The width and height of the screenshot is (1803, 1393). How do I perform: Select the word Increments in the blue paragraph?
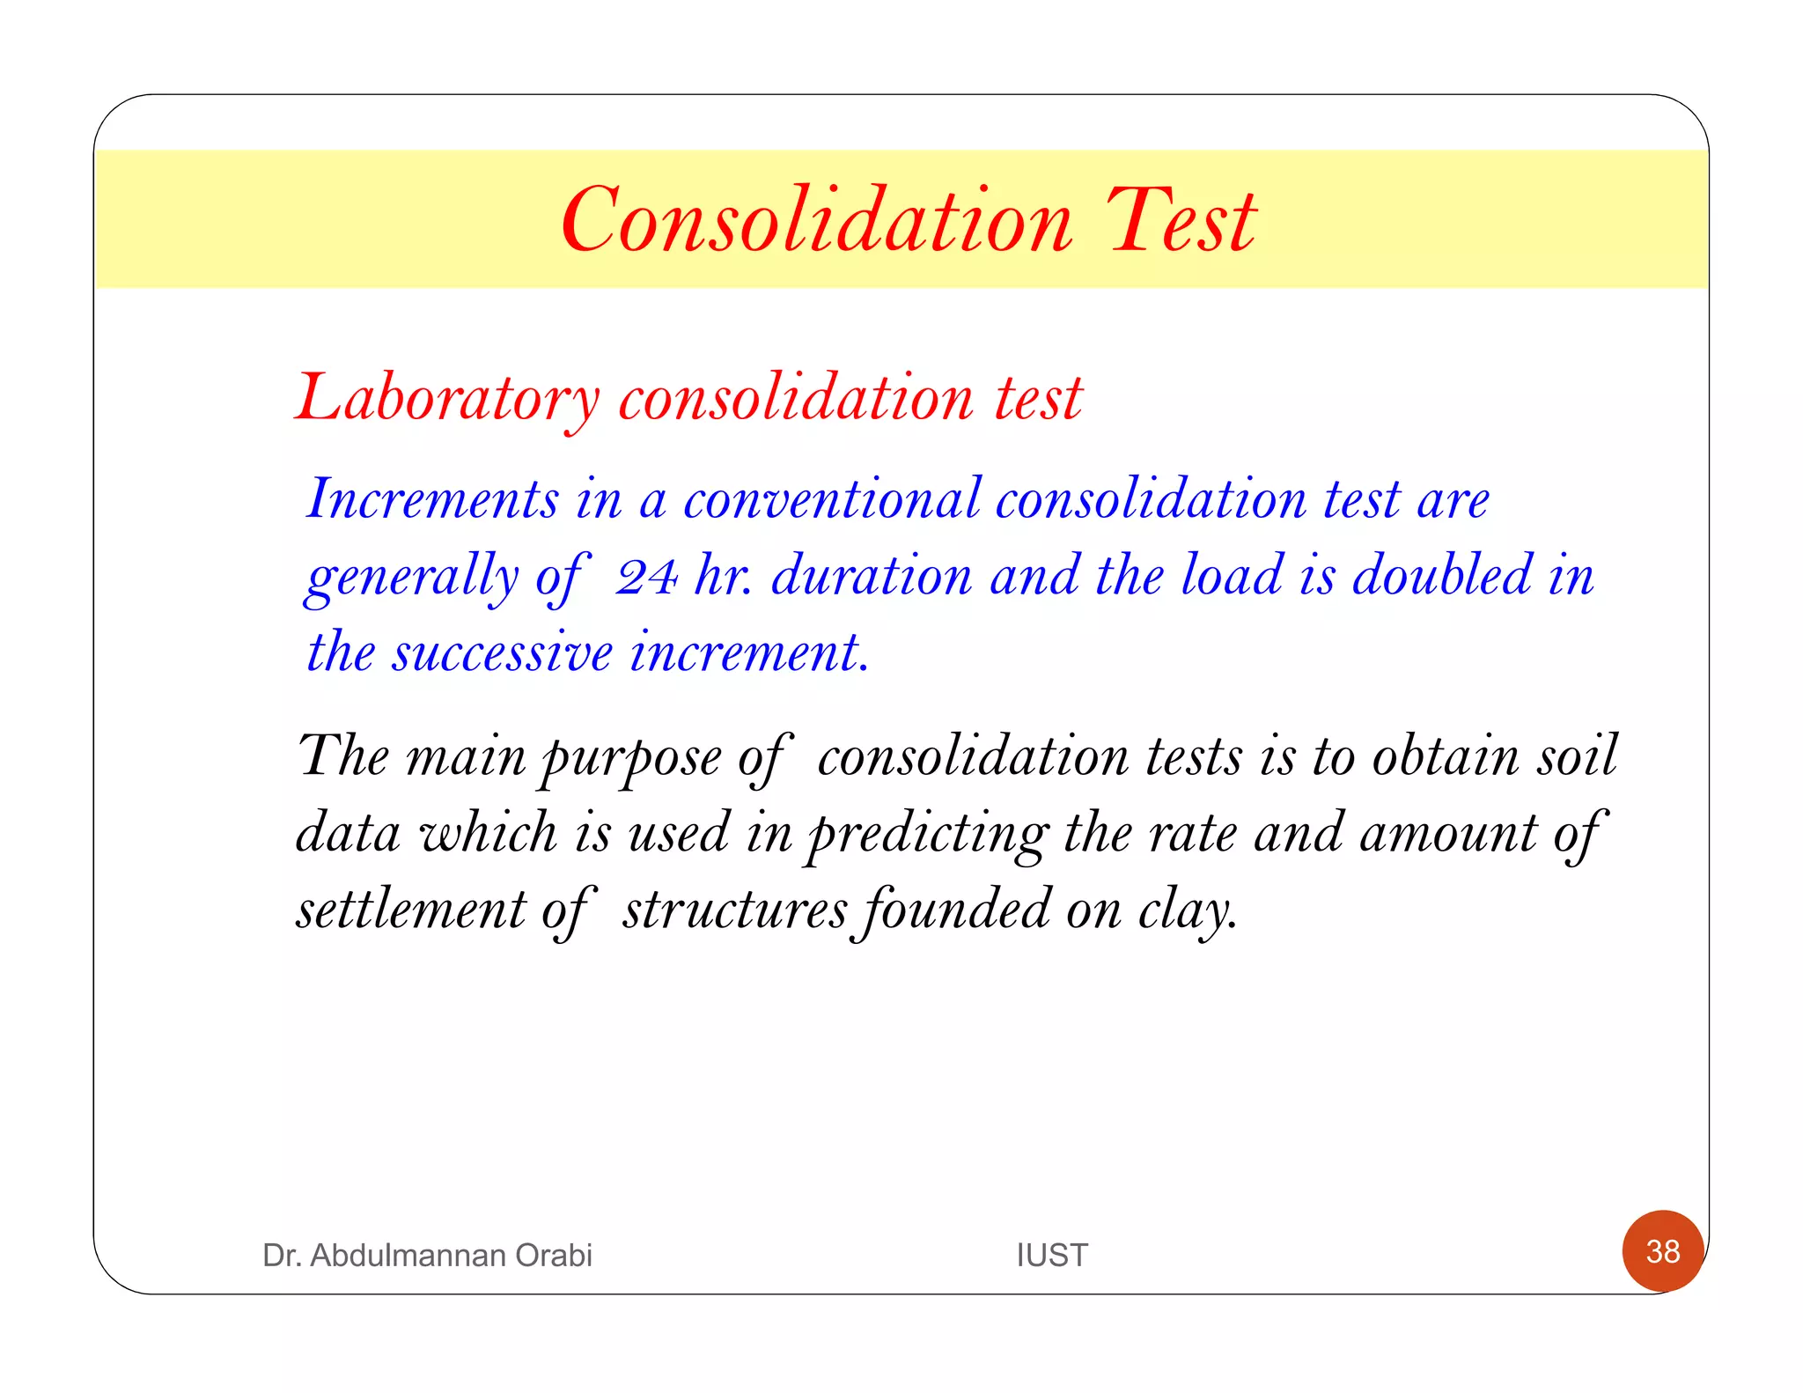click(x=432, y=499)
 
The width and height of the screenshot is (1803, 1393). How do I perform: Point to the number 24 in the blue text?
click(x=646, y=577)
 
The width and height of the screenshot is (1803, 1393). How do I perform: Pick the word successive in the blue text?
click(x=502, y=652)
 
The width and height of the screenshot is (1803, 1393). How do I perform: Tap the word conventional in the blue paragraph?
click(x=832, y=499)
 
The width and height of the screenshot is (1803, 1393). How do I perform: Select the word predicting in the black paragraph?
click(x=928, y=834)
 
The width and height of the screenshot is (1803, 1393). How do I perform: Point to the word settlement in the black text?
click(x=410, y=910)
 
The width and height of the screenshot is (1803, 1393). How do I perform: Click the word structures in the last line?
click(x=735, y=910)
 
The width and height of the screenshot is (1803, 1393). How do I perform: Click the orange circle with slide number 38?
click(x=1663, y=1251)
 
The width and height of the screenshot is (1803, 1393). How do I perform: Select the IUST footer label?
click(x=1052, y=1255)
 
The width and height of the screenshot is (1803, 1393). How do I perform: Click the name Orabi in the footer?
click(x=554, y=1255)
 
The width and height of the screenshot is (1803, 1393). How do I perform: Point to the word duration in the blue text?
click(x=872, y=576)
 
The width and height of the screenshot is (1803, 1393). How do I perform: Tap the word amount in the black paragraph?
click(x=1448, y=834)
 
